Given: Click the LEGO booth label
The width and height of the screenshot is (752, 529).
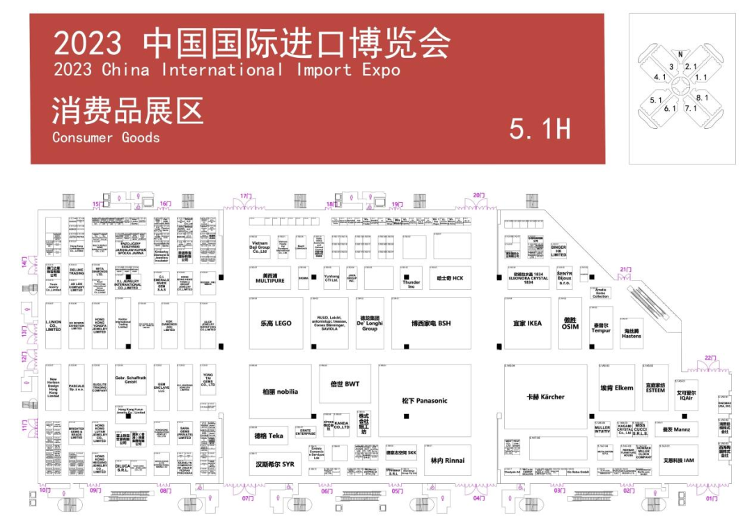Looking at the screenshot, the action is pos(276,323).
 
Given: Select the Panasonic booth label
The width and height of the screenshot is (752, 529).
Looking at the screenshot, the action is pos(424,401).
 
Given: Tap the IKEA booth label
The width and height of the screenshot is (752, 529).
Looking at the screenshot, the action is pos(527,323).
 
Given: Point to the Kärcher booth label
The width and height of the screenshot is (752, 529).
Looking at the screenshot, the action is pos(545,397).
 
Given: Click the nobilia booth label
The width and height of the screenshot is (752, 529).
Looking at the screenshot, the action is pos(280,392).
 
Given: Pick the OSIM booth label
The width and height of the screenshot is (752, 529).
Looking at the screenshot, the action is pos(570,323).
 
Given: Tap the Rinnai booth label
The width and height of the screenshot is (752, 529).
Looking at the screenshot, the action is pos(447,461).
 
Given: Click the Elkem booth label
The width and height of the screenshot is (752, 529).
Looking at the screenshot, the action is pos(617,388).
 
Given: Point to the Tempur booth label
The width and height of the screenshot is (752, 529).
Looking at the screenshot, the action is pos(601,328).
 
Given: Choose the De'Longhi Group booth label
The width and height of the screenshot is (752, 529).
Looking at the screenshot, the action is pos(370,323).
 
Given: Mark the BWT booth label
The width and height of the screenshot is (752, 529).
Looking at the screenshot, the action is pos(345,384).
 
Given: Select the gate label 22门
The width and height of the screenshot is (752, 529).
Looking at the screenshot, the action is pos(710,358).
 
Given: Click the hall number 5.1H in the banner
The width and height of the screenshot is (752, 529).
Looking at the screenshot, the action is pos(540,128).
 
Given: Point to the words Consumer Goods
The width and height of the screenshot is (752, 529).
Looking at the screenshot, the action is pos(106,137).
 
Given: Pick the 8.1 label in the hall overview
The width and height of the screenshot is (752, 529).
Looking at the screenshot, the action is pos(702,98).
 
